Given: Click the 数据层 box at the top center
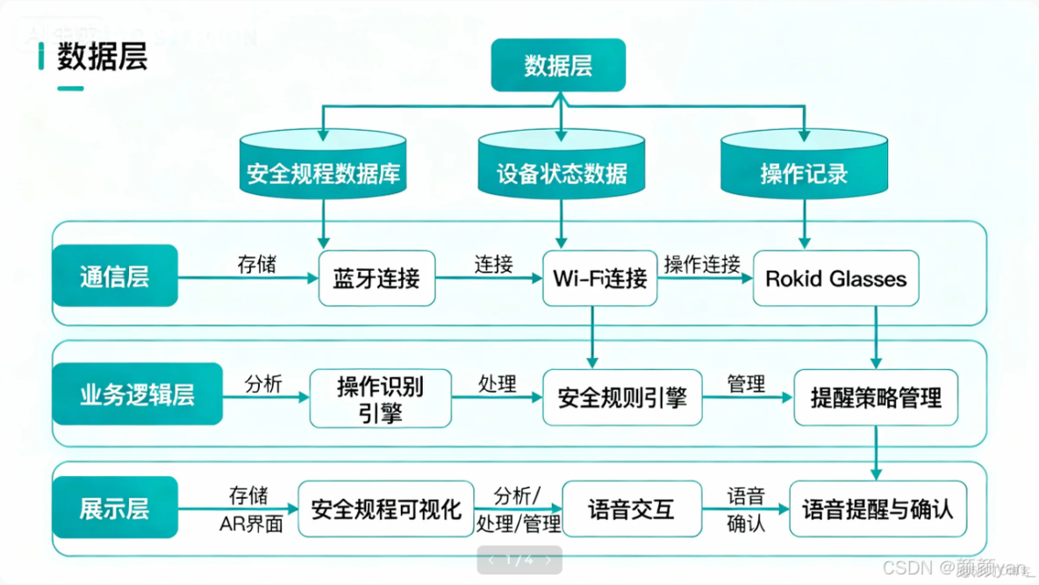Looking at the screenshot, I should click(558, 65).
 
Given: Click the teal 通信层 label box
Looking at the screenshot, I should click(115, 276).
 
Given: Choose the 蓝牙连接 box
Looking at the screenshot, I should click(376, 279).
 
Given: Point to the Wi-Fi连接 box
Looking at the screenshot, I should click(599, 279).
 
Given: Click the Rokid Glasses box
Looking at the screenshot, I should click(835, 279).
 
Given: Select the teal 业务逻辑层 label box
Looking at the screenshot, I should click(138, 395).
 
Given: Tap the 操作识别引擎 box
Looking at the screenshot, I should click(380, 399).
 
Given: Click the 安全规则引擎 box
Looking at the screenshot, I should click(622, 398).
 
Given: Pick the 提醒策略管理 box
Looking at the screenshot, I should click(876, 398).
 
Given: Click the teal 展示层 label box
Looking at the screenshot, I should click(115, 509).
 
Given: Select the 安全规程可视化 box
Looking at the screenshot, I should click(386, 509).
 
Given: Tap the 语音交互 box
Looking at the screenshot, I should click(632, 509).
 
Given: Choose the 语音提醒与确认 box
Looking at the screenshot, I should click(878, 509).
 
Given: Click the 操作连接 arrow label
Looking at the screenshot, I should click(702, 264).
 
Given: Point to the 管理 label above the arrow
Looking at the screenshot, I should click(746, 383).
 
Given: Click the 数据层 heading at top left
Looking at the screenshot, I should click(102, 57).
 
